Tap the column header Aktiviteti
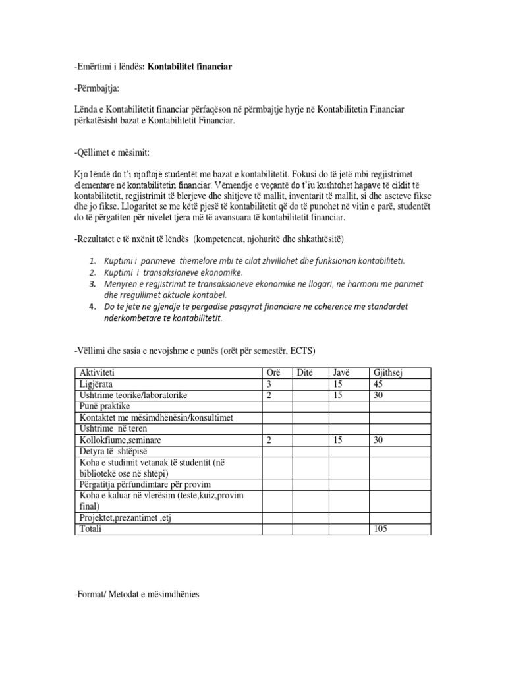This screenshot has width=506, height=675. click(x=97, y=374)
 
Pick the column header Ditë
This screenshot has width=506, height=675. click(x=305, y=374)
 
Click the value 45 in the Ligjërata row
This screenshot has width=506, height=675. click(x=379, y=384)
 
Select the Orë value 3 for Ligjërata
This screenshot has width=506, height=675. click(x=268, y=384)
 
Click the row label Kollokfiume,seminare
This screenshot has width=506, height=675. click(x=121, y=439)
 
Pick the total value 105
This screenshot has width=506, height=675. click(x=381, y=529)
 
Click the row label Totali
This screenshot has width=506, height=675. click(x=92, y=529)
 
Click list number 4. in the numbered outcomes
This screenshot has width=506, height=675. click(x=93, y=307)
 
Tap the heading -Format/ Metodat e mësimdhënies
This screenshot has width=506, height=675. click(x=137, y=595)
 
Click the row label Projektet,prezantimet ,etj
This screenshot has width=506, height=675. click(x=125, y=518)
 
